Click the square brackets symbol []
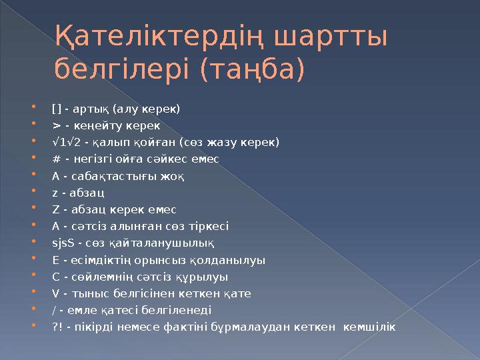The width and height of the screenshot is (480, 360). click(55, 109)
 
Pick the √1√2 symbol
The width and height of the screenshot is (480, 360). click(64, 142)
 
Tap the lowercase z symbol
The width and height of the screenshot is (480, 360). click(54, 193)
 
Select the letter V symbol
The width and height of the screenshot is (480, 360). click(55, 293)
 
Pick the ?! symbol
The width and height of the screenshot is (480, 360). click(55, 327)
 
